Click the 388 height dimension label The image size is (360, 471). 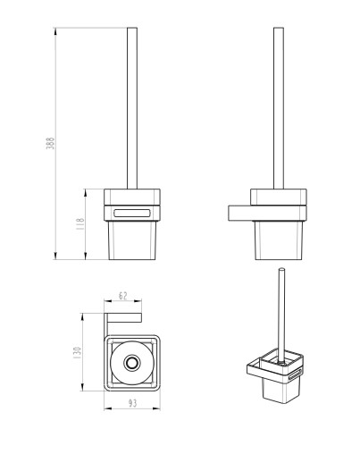[x=51, y=143]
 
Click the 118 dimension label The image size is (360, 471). [x=80, y=223]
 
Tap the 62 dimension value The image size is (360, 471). [x=122, y=296]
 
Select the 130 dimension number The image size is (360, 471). [x=77, y=353]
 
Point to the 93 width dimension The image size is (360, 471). [x=132, y=403]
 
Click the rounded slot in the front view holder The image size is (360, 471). [x=131, y=213]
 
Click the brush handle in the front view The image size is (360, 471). [x=132, y=108]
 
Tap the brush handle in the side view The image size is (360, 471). [x=279, y=108]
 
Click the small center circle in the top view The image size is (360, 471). [x=131, y=363]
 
